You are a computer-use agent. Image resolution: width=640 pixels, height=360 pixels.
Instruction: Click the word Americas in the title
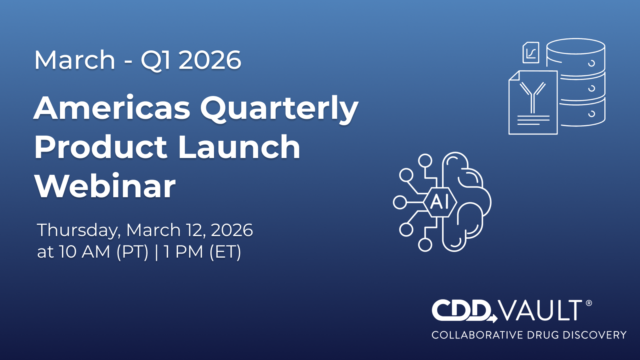112,108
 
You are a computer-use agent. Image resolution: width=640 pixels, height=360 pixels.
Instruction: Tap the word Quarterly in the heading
279,110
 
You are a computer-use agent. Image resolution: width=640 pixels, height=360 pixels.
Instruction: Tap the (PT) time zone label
132,252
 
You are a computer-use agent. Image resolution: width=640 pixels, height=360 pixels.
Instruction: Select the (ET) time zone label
226,252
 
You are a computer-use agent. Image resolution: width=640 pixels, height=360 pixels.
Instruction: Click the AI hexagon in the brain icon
440,202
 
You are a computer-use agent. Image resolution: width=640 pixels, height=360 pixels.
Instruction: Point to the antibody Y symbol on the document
532,98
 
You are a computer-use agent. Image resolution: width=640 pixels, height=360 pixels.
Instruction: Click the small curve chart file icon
531,52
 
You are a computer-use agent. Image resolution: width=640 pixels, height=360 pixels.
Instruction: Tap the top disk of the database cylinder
576,46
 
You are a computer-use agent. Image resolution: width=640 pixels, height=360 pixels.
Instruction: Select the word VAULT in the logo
541,310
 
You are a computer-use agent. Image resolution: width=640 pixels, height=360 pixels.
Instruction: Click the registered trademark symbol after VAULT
588,303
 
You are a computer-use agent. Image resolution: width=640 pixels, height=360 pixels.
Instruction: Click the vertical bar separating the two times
156,252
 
